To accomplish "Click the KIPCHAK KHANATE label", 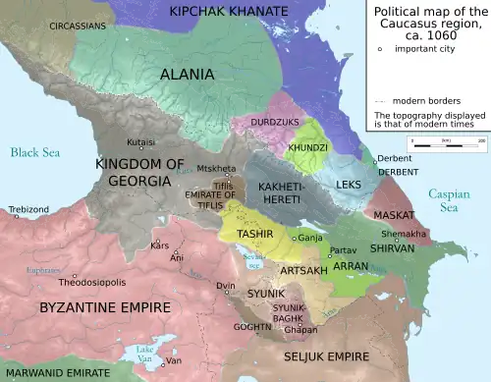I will tap(229, 11).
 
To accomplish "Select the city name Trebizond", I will tap(28, 209).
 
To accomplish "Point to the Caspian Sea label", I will tap(449, 201).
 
